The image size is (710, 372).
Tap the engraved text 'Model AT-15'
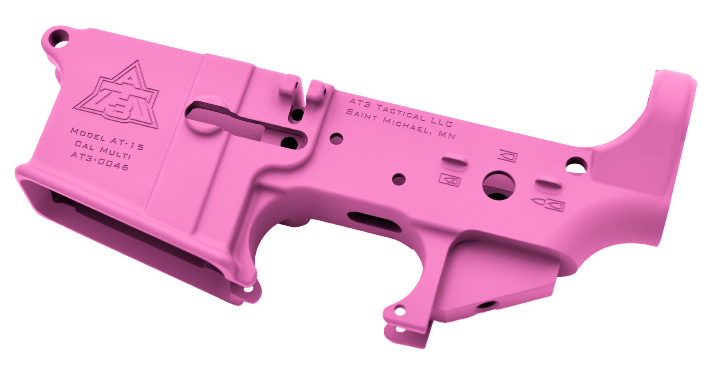(x=107, y=139)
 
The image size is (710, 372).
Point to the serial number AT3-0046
(x=99, y=161)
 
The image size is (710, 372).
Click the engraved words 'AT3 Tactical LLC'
(x=401, y=112)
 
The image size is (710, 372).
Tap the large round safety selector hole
(x=498, y=186)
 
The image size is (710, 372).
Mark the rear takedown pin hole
(x=576, y=165)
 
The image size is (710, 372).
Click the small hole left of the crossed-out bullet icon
(x=399, y=180)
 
